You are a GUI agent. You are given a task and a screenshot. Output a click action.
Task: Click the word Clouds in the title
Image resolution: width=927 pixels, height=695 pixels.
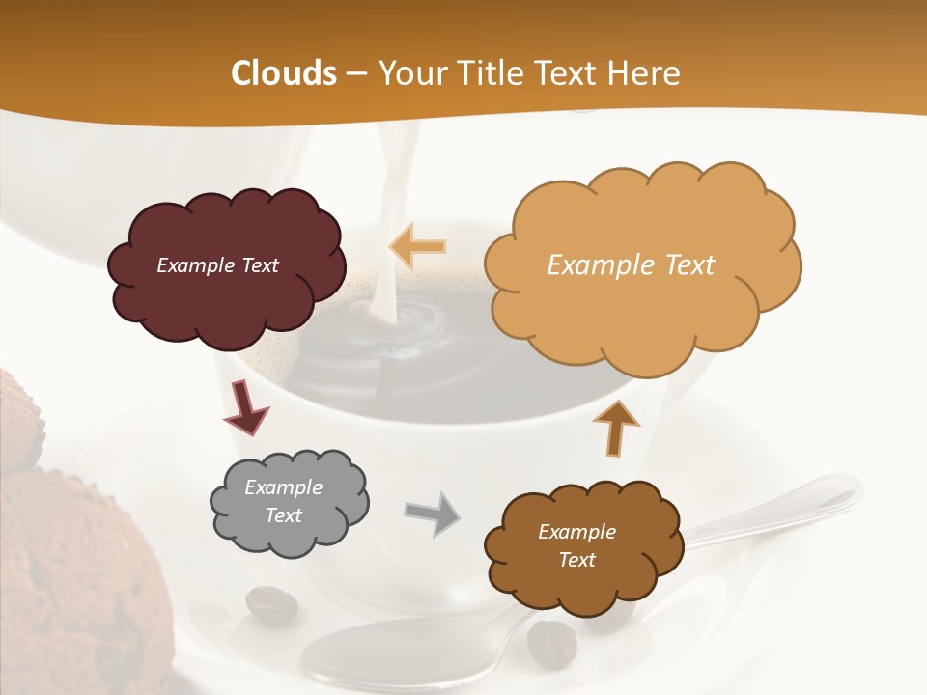tap(284, 73)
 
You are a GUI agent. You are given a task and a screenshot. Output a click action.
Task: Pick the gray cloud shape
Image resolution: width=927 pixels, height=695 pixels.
tap(290, 536)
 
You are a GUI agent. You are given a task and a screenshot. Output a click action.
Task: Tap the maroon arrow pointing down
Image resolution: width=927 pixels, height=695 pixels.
tap(245, 407)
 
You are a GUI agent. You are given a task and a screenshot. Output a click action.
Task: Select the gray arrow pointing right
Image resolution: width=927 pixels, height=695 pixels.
tap(433, 513)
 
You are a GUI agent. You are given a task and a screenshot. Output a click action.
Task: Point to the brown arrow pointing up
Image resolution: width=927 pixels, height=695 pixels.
tap(615, 427)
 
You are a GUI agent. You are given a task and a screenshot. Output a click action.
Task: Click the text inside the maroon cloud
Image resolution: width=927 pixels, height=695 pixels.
tap(218, 265)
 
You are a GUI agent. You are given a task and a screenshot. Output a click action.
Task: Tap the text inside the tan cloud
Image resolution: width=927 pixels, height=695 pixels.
tap(631, 264)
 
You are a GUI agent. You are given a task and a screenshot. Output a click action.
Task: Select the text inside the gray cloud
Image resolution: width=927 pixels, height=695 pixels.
tap(284, 501)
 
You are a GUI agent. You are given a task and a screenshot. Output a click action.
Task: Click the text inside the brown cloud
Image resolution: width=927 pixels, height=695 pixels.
tap(577, 545)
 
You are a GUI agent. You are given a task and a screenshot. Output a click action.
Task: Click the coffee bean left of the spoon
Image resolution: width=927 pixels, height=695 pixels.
tap(271, 603)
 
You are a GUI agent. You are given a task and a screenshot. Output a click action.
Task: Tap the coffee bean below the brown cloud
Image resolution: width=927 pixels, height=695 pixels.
tap(551, 641)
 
